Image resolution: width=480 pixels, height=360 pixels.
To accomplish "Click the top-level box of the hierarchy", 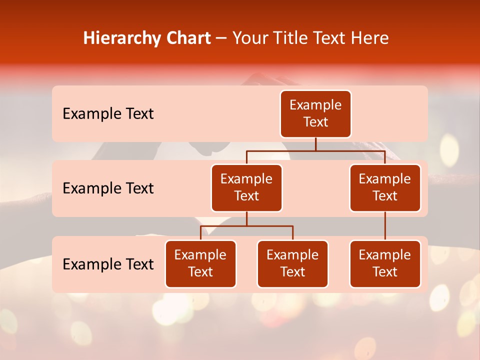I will click(315, 114).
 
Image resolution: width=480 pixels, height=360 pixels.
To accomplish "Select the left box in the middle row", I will click(246, 188).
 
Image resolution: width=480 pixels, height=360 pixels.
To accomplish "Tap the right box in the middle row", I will click(385, 188).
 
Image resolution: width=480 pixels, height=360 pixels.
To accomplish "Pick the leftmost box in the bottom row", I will click(200, 264).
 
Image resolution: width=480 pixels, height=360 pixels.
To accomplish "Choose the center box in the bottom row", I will click(292, 264).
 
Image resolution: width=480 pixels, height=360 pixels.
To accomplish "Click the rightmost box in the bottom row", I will click(385, 264).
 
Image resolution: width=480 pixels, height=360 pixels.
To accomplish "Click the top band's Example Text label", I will click(108, 114).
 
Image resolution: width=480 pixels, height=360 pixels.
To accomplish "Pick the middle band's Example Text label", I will click(108, 188).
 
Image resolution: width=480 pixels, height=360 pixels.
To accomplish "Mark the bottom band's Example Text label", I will click(108, 264).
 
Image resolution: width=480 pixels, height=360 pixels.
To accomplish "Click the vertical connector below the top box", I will click(315, 144).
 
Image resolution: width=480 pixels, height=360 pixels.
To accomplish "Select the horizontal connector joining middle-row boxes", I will click(315, 150).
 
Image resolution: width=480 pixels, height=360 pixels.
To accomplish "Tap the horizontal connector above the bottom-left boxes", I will click(246, 226).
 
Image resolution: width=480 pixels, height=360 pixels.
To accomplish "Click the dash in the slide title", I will click(221, 38).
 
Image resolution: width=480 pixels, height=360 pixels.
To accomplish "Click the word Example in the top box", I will click(315, 105).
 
